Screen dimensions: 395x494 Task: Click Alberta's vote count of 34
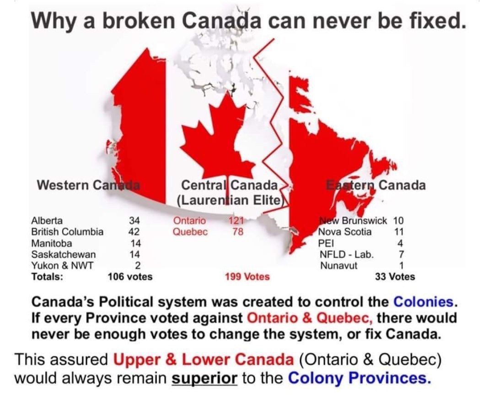(x=134, y=220)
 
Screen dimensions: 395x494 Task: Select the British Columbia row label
(x=67, y=231)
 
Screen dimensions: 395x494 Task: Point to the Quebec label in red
(x=190, y=231)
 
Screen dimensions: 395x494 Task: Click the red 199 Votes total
(x=247, y=276)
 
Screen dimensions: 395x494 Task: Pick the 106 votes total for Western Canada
(x=130, y=276)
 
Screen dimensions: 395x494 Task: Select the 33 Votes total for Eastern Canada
(x=395, y=276)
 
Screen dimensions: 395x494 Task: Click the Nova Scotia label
(x=345, y=231)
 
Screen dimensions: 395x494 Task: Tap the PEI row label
(x=326, y=243)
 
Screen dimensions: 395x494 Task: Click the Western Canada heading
(x=88, y=185)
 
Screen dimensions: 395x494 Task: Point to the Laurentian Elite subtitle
(x=231, y=200)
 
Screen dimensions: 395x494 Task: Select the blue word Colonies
(x=423, y=302)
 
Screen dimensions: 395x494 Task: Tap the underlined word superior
(x=204, y=379)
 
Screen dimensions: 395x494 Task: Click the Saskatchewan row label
(x=64, y=254)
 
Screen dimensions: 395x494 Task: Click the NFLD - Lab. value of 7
(x=401, y=254)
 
